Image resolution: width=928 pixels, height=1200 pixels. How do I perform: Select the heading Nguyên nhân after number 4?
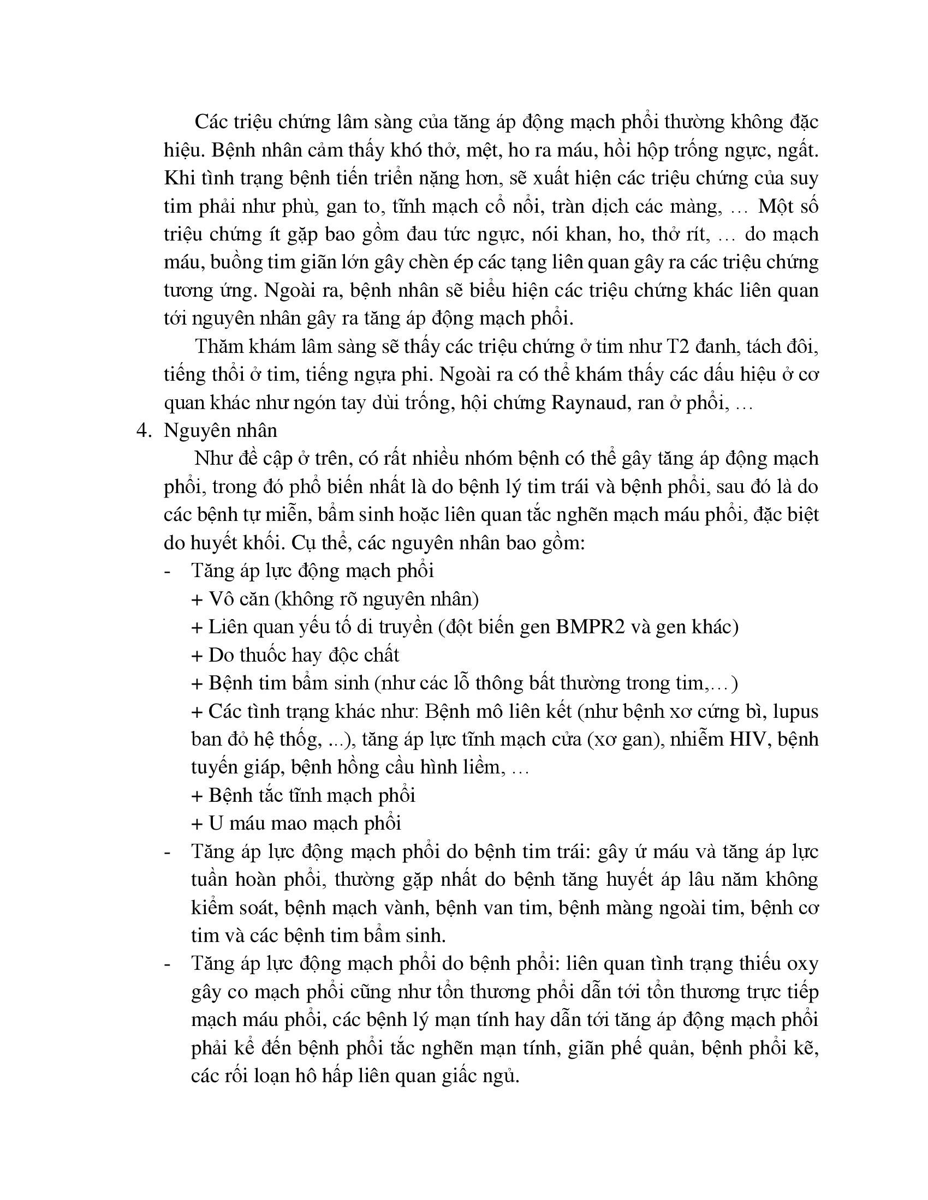point(221,431)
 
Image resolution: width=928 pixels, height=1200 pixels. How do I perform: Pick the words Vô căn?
point(239,599)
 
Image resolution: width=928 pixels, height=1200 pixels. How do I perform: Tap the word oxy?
point(803,964)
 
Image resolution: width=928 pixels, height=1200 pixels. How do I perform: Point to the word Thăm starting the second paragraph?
point(218,347)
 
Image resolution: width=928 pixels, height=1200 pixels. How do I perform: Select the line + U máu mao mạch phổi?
point(296,824)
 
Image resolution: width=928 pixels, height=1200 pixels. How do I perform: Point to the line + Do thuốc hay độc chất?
point(295,655)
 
